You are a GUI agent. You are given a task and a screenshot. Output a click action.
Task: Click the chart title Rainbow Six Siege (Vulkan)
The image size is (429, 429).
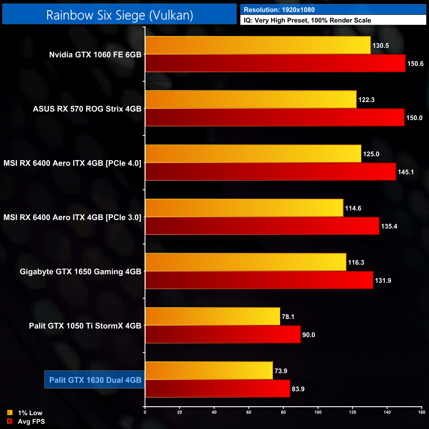(119, 15)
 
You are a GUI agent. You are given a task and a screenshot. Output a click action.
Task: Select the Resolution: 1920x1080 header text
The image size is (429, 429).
(279, 10)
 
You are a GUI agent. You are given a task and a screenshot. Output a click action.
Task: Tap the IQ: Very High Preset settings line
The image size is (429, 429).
(307, 20)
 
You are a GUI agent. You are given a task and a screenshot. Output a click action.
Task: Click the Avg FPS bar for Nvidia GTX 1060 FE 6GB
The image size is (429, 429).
(275, 63)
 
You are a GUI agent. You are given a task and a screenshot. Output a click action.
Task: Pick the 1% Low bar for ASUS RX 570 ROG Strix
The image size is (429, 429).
(251, 99)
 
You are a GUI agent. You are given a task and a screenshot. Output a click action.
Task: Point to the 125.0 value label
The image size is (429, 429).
(371, 154)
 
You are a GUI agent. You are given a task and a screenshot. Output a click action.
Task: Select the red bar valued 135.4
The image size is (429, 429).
(262, 226)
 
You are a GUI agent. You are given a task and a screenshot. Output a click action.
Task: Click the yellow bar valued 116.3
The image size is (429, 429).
(246, 262)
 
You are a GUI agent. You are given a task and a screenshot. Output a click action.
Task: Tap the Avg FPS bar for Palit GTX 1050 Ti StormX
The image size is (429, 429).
(223, 335)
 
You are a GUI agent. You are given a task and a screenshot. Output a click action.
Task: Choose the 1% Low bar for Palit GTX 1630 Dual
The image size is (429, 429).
(209, 371)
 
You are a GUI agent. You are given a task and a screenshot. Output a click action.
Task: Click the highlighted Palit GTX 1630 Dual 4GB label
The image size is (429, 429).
(95, 380)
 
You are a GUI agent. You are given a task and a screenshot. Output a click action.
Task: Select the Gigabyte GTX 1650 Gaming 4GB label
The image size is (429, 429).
(81, 272)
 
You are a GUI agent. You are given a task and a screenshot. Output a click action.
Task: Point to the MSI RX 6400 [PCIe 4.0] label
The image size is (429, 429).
(72, 163)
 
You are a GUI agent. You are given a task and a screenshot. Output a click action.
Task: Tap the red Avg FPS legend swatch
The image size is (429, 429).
(10, 421)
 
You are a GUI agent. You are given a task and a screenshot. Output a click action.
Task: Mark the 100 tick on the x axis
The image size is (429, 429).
(318, 412)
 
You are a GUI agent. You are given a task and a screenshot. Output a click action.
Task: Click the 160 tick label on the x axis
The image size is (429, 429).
(421, 412)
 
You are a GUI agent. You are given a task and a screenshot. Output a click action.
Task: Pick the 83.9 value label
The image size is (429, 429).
(298, 389)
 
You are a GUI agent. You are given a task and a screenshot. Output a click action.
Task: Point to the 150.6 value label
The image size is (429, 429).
(415, 64)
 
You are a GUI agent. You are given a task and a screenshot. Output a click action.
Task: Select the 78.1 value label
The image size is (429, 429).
(288, 317)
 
